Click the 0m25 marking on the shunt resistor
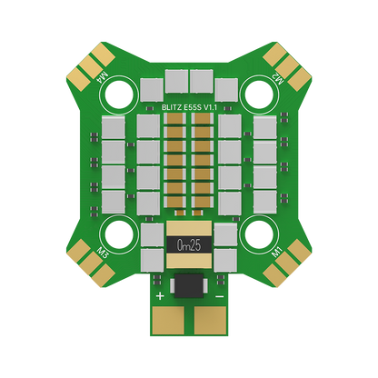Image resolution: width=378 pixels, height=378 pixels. (189, 244)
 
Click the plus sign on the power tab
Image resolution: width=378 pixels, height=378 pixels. (160, 296)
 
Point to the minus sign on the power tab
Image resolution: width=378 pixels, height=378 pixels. (218, 296)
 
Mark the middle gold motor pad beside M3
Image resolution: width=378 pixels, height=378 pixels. (86, 265)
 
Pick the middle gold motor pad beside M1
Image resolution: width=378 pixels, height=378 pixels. (292, 265)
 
